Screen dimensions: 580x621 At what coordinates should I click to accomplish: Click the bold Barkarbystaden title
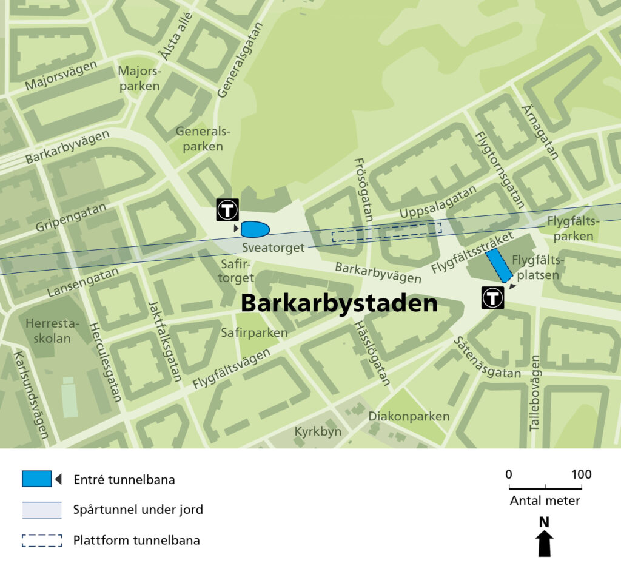pyautogui.click(x=339, y=303)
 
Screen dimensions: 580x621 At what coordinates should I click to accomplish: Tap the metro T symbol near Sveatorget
pyautogui.click(x=227, y=210)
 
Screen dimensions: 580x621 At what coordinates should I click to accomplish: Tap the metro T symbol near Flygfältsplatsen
pyautogui.click(x=492, y=298)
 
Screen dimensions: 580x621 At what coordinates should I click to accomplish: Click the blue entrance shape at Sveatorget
pyautogui.click(x=255, y=229)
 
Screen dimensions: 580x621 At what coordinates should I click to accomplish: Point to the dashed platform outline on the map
pyautogui.click(x=387, y=232)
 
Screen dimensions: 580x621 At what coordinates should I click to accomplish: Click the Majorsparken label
pyautogui.click(x=139, y=78)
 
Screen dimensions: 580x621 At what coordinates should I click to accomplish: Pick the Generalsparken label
pyautogui.click(x=199, y=138)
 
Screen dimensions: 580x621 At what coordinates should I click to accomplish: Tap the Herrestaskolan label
pyautogui.click(x=48, y=331)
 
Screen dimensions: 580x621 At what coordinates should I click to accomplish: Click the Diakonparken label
pyautogui.click(x=409, y=416)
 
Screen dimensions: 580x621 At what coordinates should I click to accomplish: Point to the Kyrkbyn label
pyautogui.click(x=318, y=431)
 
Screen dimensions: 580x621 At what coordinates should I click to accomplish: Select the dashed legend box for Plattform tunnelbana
pyautogui.click(x=42, y=540)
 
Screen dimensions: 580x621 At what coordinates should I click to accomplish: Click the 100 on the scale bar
pyautogui.click(x=581, y=474)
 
